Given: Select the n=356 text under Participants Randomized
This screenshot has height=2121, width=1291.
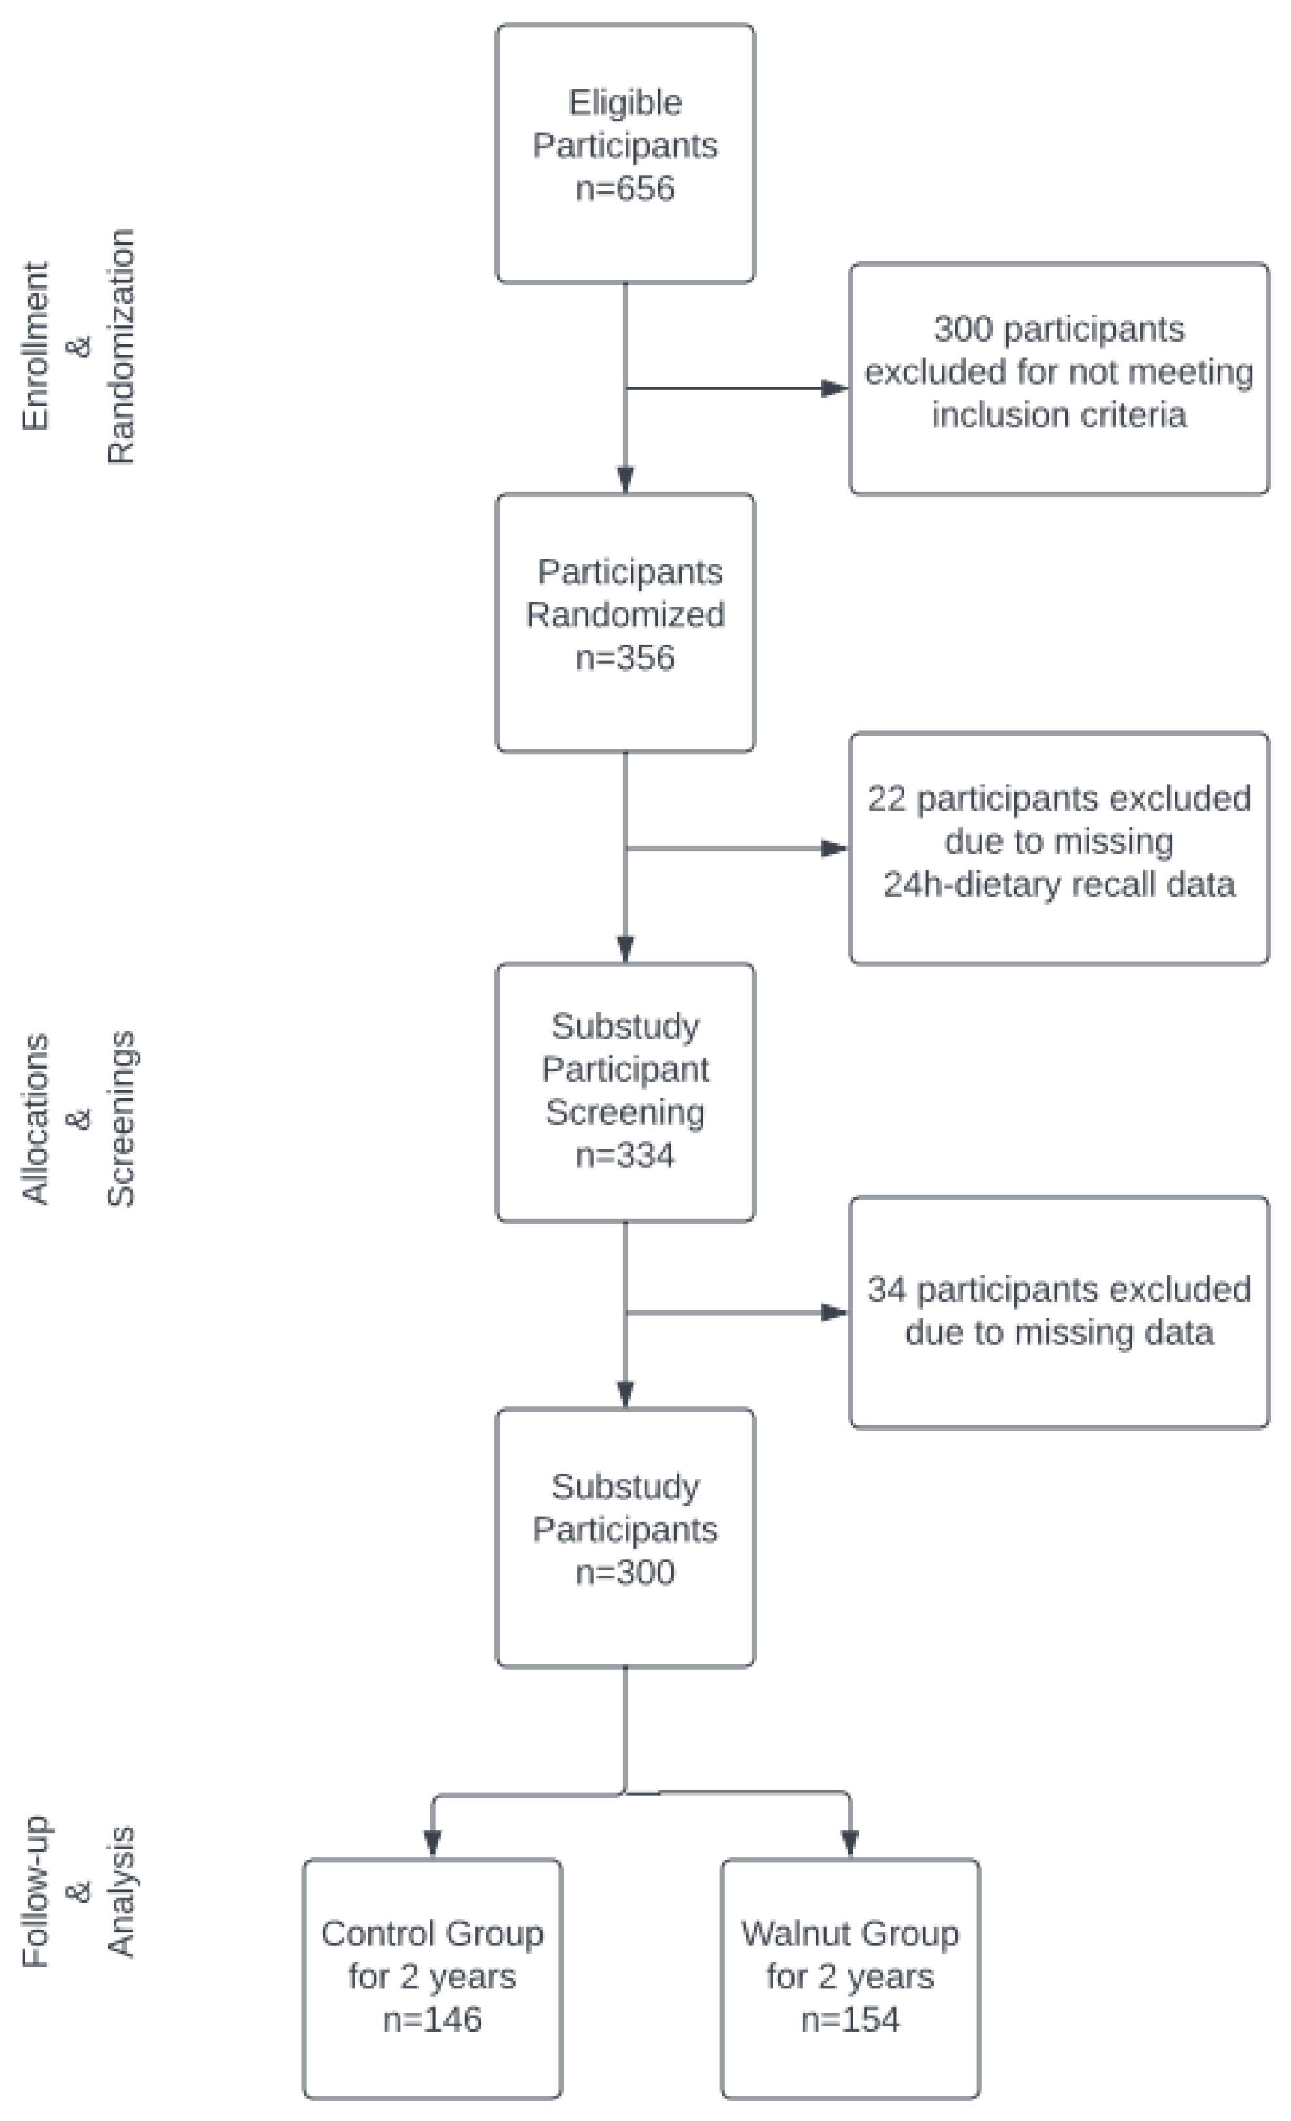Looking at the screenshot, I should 625,658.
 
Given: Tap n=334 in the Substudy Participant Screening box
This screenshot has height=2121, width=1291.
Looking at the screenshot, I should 625,1154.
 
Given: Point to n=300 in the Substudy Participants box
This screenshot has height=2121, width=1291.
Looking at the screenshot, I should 625,1572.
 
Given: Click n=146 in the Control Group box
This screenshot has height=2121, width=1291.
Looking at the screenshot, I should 432,2018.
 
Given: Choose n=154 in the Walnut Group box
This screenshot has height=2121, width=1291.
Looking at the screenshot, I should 850,2018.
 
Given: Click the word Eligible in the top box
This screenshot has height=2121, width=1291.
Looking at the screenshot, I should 625,103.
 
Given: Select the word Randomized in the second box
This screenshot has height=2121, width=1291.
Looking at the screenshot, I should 625,615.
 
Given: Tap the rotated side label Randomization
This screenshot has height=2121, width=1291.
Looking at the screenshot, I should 121,346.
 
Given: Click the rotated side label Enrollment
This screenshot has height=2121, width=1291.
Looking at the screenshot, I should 35,346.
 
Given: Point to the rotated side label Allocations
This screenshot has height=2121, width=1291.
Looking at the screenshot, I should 35,1118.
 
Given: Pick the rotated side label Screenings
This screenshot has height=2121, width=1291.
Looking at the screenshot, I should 121,1118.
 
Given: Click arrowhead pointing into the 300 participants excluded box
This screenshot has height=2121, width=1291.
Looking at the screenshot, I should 834,388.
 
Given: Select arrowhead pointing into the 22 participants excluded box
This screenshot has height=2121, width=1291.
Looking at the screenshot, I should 834,849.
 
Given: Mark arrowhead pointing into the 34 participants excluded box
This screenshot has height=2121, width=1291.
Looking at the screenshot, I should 834,1313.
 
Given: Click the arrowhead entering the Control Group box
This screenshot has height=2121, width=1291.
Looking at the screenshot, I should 432,1842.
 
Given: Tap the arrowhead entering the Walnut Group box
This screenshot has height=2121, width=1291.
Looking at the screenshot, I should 850,1842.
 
